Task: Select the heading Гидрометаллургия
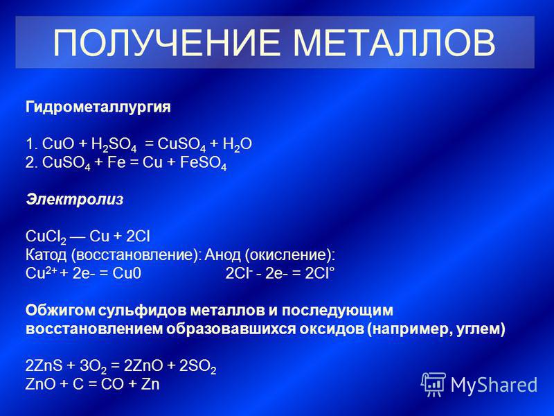pos(98,107)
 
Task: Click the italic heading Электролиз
pos(75,200)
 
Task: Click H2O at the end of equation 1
pos(237,145)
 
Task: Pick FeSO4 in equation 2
pos(203,164)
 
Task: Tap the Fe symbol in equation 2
pos(116,163)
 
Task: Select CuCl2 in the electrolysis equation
pos(46,237)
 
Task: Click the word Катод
pos(46,255)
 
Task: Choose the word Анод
pos(222,255)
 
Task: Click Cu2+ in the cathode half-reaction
pos(41,273)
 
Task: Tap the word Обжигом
pos(60,311)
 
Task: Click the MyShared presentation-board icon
pos(434,384)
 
